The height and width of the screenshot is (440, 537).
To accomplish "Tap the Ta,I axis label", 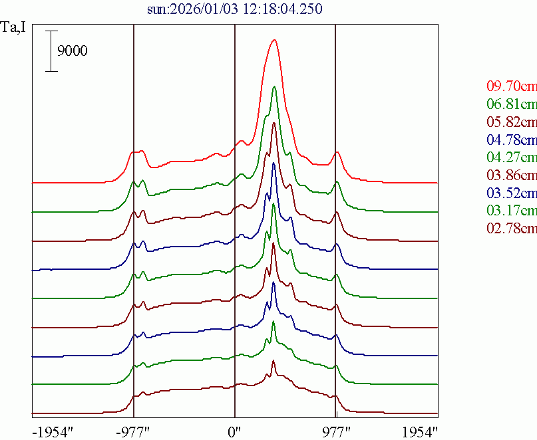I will pyautogui.click(x=15, y=29).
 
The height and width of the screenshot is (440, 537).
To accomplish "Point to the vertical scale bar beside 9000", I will pyautogui.click(x=51, y=51).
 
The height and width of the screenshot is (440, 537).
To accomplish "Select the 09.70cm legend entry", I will pyautogui.click(x=511, y=86).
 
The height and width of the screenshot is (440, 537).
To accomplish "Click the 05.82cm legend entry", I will pyautogui.click(x=511, y=122).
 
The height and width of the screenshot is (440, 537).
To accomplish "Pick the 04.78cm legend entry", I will pyautogui.click(x=511, y=140).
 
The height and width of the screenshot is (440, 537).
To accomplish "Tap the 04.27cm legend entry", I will pyautogui.click(x=511, y=158).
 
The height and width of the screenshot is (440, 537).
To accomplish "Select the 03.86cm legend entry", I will pyautogui.click(x=511, y=175).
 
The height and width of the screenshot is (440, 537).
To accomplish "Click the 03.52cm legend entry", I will pyautogui.click(x=511, y=193).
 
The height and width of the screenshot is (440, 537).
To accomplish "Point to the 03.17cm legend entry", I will pyautogui.click(x=511, y=211).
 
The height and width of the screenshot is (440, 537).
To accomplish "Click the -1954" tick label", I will pyautogui.click(x=52, y=431).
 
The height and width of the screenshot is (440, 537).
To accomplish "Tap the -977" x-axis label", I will pyautogui.click(x=133, y=431).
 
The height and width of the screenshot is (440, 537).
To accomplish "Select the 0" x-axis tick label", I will pyautogui.click(x=234, y=431).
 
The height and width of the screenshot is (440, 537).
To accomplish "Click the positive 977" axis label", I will pyautogui.click(x=335, y=431).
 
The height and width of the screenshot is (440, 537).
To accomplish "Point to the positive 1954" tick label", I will pyautogui.click(x=419, y=431).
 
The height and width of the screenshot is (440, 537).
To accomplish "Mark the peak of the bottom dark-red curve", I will pyautogui.click(x=273, y=363).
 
